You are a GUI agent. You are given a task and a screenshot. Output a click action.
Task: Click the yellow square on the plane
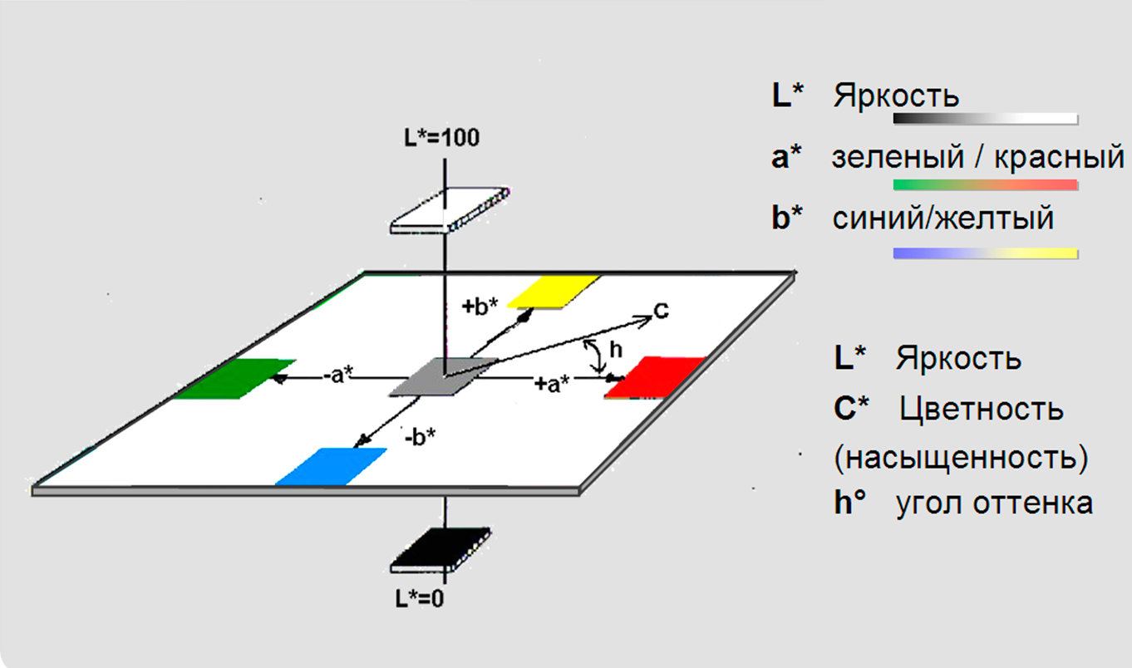click(553, 291)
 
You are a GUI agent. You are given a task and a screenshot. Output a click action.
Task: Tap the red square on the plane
click(655, 378)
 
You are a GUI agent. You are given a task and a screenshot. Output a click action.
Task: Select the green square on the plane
click(234, 379)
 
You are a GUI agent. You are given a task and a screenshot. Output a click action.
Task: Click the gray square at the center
click(444, 376)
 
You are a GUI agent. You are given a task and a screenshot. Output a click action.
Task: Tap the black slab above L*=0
click(440, 550)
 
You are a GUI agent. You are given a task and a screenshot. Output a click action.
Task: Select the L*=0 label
click(421, 597)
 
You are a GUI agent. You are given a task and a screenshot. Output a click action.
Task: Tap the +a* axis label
click(553, 384)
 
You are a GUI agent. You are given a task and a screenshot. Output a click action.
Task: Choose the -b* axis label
click(420, 436)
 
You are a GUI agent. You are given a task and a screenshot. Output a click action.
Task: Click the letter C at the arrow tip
click(661, 311)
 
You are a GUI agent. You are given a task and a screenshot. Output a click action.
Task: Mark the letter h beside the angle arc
click(615, 351)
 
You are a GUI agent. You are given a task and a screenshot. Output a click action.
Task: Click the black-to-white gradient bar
click(985, 119)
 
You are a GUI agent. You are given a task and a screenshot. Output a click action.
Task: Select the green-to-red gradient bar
click(985, 184)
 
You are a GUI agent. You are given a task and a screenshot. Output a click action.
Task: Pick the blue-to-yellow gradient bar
click(985, 253)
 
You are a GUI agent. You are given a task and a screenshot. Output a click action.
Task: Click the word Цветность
click(982, 409)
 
